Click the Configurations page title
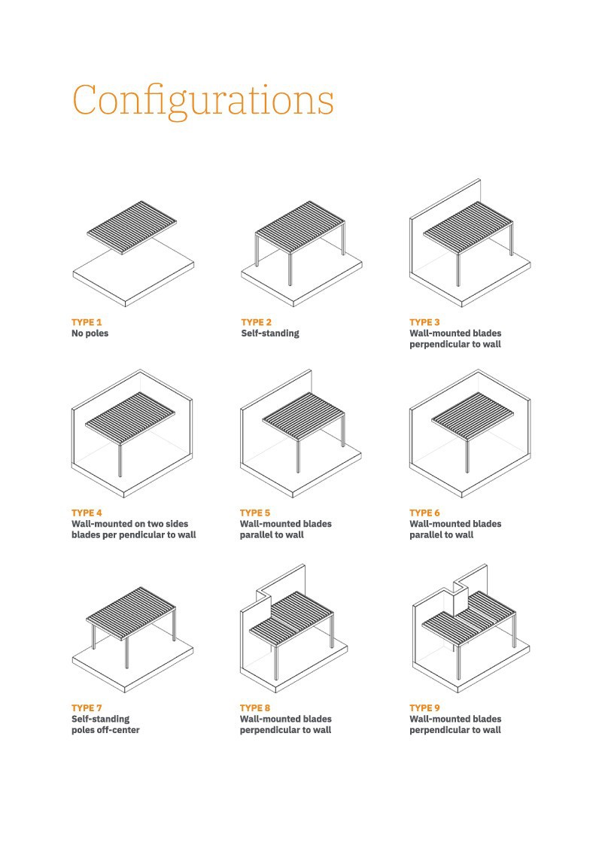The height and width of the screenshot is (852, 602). tap(203, 101)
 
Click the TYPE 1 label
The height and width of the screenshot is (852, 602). tap(87, 322)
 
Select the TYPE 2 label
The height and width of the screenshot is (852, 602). tap(256, 322)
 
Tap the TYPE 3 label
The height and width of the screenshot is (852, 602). tap(425, 322)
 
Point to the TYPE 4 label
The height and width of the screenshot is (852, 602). tap(87, 513)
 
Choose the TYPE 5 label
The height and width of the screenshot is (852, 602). tap(255, 513)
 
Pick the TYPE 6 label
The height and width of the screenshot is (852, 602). tap(425, 513)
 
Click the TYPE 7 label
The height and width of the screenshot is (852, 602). tap(87, 708)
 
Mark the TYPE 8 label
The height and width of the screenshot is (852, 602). tap(255, 708)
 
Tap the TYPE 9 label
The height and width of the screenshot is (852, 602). tap(425, 708)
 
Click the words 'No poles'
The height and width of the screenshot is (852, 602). tap(90, 333)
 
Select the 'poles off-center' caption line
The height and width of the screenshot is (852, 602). tap(105, 730)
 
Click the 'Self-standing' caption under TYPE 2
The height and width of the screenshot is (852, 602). tap(269, 333)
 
